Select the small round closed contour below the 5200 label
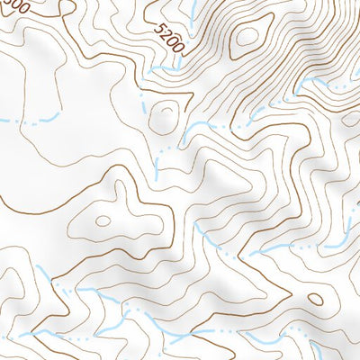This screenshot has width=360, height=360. tap(165, 115)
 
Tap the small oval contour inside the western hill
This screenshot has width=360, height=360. tap(103, 220)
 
